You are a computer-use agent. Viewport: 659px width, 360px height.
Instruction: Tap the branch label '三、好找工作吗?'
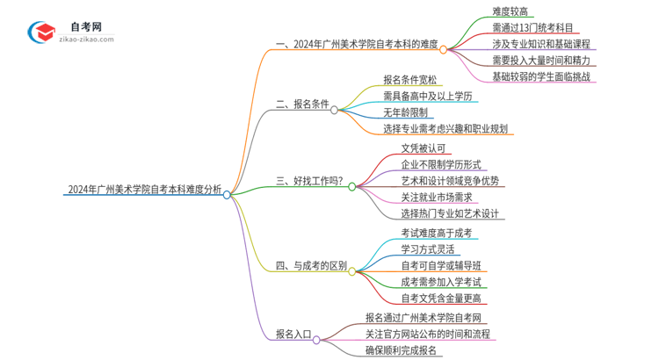tap(309, 182)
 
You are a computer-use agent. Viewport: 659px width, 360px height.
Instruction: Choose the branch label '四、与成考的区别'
tap(310, 265)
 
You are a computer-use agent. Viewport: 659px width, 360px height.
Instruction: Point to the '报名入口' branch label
tap(293, 334)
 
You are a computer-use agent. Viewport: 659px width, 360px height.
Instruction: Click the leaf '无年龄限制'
tap(405, 112)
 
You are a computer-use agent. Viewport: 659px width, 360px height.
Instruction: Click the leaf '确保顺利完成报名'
tap(402, 350)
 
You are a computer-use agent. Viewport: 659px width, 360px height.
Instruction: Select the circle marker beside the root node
tap(227, 195)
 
